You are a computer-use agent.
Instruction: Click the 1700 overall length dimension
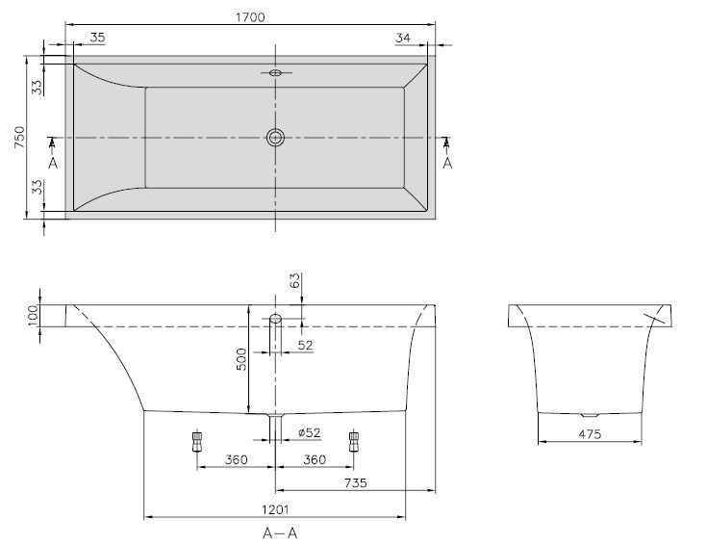[x=248, y=17]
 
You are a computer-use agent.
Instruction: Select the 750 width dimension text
[x=18, y=138]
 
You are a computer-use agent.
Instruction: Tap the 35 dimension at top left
[x=97, y=39]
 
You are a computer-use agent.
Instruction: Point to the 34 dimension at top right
[x=403, y=39]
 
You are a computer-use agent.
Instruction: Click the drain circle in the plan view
[x=276, y=138]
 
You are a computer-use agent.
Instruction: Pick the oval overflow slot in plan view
[x=276, y=72]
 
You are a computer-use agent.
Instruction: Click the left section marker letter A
[x=53, y=164]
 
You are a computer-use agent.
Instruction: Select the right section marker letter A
[x=447, y=164]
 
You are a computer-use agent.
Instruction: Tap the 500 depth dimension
[x=241, y=359]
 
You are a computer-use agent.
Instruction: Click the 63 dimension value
[x=295, y=281]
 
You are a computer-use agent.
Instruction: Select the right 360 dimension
[x=314, y=460]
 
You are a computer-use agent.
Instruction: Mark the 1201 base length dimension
[x=275, y=509]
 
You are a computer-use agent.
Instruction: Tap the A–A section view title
[x=274, y=532]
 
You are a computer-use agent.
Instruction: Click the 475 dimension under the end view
[x=591, y=434]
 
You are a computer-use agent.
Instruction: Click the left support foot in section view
[x=198, y=441]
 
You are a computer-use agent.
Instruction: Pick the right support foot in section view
[x=354, y=441]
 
